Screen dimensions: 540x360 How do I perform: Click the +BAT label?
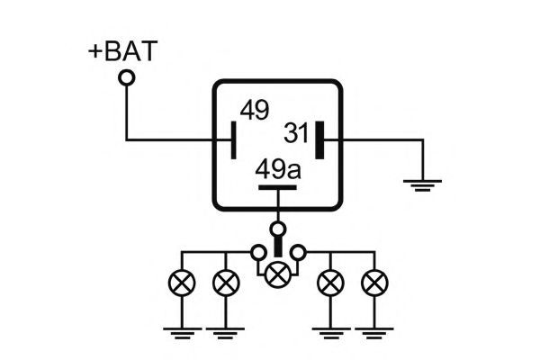tap(123, 51)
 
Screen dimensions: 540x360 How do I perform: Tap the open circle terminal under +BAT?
tap(127, 78)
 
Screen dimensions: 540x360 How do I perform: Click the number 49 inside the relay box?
tap(255, 110)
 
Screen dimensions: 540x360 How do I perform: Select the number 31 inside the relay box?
tap(296, 133)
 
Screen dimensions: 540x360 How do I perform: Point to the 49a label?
tap(278, 169)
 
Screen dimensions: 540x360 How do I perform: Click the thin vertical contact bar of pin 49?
tap(233, 140)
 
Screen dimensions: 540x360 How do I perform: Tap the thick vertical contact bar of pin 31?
tap(319, 140)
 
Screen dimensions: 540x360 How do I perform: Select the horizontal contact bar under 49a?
tap(277, 188)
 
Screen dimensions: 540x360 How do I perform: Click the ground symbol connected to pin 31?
tap(423, 185)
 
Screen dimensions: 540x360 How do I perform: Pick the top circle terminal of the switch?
tap(278, 229)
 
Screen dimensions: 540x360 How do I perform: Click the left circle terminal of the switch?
tap(258, 253)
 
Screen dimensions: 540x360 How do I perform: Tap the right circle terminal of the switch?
tap(298, 253)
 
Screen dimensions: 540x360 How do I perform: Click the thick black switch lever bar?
tap(278, 247)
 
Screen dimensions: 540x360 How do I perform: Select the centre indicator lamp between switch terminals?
tap(278, 274)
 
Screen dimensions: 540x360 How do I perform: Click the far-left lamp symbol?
tap(182, 283)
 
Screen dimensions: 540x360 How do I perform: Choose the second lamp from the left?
tap(226, 283)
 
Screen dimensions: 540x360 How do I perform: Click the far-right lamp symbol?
tap(374, 283)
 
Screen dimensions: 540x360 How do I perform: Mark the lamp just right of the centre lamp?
tap(330, 283)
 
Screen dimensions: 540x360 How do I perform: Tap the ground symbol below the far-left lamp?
tap(182, 333)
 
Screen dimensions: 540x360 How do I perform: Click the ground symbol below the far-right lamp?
tap(374, 333)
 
